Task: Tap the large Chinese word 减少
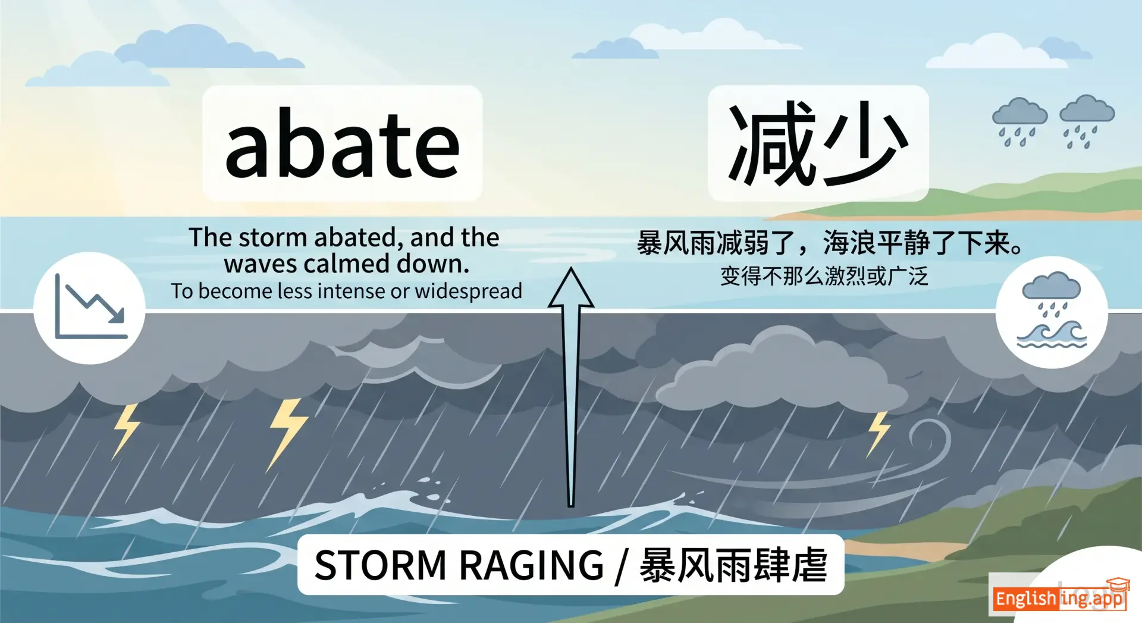(818, 143)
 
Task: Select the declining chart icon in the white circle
(90, 308)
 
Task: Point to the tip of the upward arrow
(571, 267)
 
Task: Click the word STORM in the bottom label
(380, 565)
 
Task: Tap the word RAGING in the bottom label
(531, 565)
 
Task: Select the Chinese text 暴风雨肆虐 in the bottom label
(733, 565)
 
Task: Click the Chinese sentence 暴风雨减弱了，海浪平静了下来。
(829, 243)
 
